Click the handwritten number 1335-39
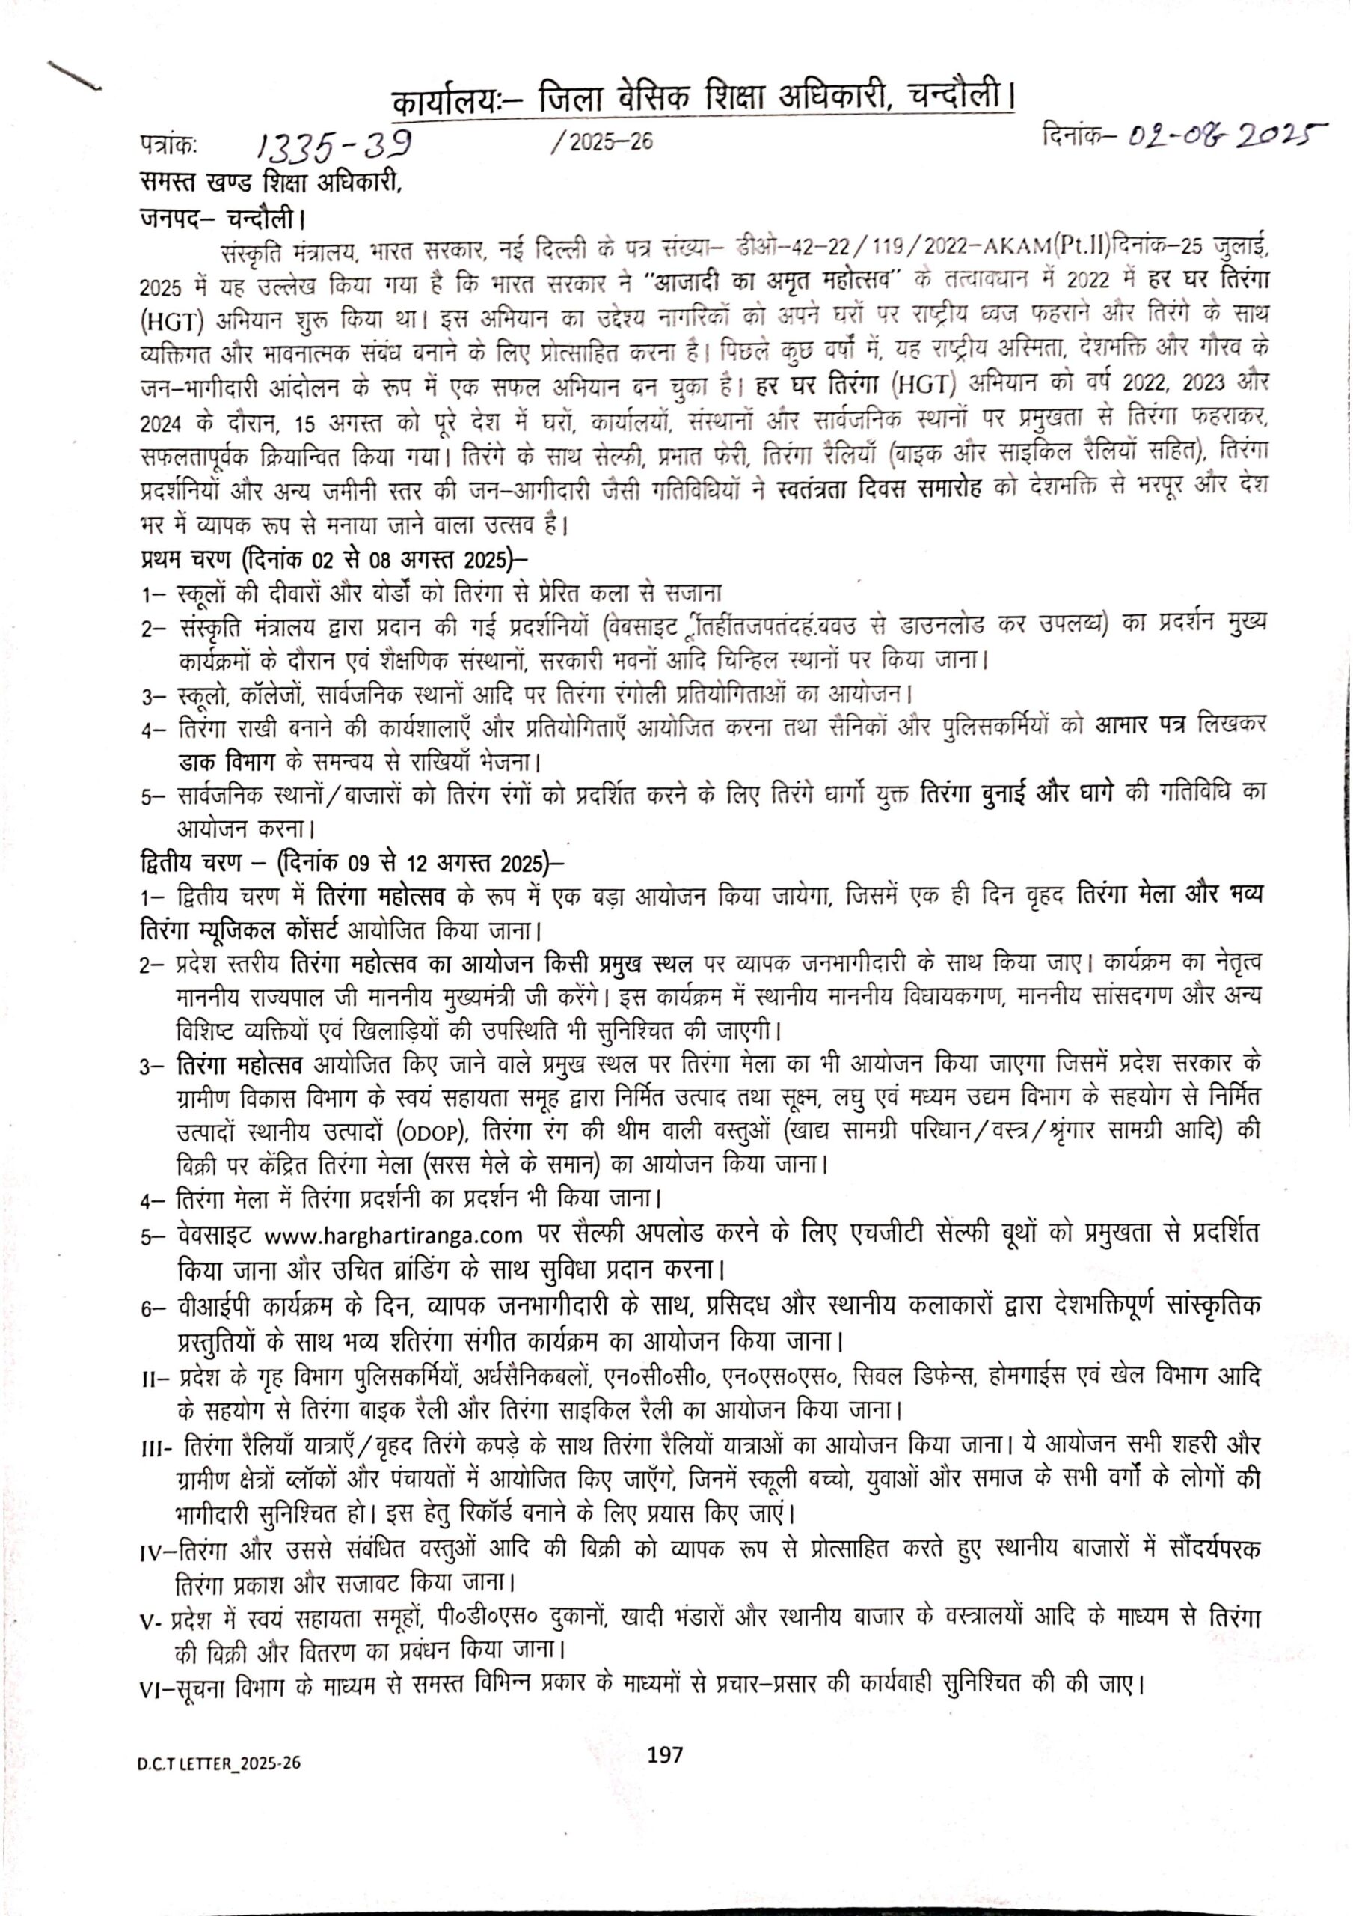click(333, 147)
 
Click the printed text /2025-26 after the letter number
click(601, 144)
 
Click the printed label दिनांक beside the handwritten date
click(1074, 132)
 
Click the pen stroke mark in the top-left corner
click(75, 75)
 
